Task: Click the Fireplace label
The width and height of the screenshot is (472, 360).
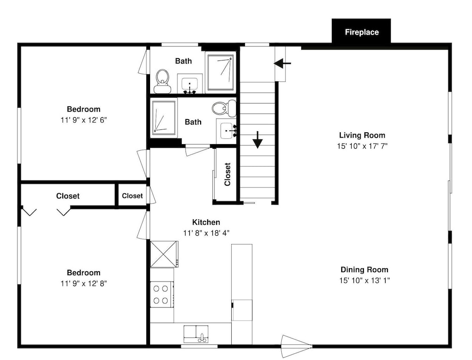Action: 362,32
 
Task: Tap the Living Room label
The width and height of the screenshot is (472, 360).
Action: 362,135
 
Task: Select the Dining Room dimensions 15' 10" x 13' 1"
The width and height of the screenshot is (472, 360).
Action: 364,281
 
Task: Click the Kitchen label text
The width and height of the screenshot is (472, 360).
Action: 206,223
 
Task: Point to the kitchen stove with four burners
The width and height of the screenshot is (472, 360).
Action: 162,294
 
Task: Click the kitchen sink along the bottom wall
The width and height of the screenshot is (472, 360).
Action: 196,334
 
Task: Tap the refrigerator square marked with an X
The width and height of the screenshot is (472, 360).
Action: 163,254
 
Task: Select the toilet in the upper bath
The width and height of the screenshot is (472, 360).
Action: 162,81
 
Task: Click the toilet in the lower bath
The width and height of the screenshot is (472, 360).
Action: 224,109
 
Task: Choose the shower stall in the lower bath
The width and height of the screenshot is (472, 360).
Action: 163,118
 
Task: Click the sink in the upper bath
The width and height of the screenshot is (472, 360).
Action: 190,84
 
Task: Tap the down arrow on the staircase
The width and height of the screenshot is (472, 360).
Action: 257,140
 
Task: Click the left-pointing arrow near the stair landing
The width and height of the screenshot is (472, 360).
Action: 282,63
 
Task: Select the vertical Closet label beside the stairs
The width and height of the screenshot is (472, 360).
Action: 228,174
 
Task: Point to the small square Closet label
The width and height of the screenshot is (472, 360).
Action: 132,196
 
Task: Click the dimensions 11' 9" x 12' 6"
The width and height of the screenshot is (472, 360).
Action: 84,120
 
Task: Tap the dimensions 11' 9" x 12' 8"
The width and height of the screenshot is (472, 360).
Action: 84,283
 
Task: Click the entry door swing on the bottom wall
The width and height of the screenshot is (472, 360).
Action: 296,346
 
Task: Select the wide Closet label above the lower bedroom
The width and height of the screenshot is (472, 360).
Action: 67,196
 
